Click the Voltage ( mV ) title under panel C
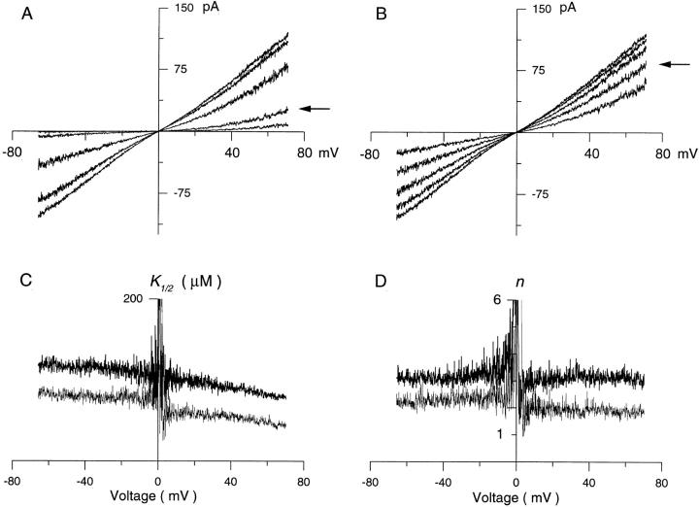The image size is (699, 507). pos(157,494)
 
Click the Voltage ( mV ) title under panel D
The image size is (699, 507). pos(516,494)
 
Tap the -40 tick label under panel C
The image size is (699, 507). pos(83,480)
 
